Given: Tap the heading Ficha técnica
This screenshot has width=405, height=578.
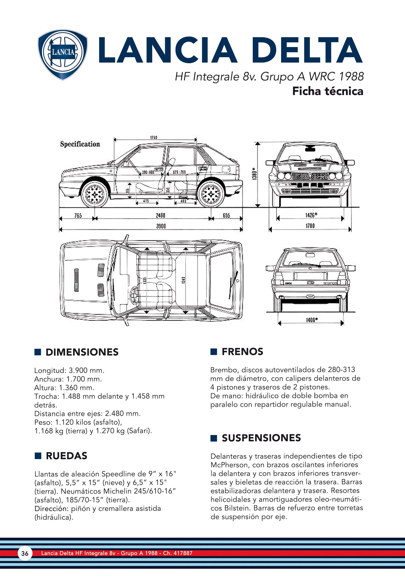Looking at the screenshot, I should click(x=328, y=91).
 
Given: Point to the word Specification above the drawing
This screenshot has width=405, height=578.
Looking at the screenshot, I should click(x=80, y=144).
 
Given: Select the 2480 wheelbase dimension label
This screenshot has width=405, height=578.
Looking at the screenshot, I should click(x=160, y=216).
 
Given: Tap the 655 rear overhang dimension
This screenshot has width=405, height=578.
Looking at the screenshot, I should click(x=226, y=216).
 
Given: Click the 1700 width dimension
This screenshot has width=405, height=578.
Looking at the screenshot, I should click(x=310, y=226).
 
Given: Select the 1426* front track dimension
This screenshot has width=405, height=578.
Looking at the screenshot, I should click(x=311, y=215).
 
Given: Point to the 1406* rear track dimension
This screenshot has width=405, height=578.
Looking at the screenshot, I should click(x=312, y=320).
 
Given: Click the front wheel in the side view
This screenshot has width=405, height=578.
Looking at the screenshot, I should click(x=95, y=194).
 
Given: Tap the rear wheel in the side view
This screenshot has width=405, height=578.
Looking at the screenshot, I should click(x=211, y=194).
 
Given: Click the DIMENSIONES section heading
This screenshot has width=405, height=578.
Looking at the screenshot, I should click(x=82, y=352).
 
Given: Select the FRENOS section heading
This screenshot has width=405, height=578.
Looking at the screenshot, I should click(x=242, y=352).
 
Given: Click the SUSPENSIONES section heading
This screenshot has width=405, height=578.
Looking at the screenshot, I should click(x=261, y=438).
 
